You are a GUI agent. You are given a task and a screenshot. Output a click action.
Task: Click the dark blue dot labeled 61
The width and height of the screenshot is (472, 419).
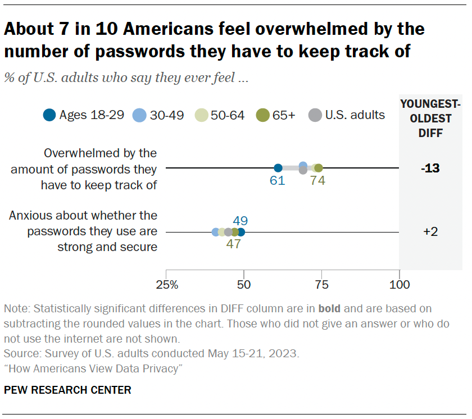278,168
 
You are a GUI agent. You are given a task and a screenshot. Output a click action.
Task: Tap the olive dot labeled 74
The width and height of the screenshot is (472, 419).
319,168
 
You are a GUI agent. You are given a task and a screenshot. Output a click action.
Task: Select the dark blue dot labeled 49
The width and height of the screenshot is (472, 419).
241,232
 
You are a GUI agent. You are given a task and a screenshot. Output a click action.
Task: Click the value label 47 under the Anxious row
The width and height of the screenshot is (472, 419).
234,245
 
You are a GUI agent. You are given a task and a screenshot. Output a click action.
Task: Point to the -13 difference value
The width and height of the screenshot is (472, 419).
431,168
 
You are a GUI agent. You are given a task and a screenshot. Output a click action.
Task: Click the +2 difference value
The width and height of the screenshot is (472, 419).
431,232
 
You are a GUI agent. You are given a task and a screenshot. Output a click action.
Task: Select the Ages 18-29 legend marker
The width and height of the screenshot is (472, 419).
49,116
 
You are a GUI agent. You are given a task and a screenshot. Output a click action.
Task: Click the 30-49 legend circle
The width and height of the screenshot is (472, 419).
139,116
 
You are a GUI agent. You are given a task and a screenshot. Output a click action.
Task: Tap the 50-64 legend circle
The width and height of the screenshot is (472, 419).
201,116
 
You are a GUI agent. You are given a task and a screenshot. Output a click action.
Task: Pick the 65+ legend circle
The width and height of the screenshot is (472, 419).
261,116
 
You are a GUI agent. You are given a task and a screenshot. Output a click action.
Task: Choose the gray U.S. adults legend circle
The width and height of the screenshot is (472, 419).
315,116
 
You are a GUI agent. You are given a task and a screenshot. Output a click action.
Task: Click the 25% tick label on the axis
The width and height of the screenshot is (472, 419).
167,285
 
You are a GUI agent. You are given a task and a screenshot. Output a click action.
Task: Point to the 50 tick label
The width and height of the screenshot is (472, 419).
244,285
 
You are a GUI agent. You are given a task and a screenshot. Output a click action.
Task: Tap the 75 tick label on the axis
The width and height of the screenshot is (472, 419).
321,285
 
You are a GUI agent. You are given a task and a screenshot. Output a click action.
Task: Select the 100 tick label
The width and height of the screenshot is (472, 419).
399,285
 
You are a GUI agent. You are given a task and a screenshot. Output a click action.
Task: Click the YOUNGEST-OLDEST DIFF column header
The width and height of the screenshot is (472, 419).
430,119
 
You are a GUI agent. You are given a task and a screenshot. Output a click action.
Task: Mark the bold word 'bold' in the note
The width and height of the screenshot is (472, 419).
330,308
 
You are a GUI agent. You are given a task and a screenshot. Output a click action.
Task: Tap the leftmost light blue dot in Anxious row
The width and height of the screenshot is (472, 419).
215,232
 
